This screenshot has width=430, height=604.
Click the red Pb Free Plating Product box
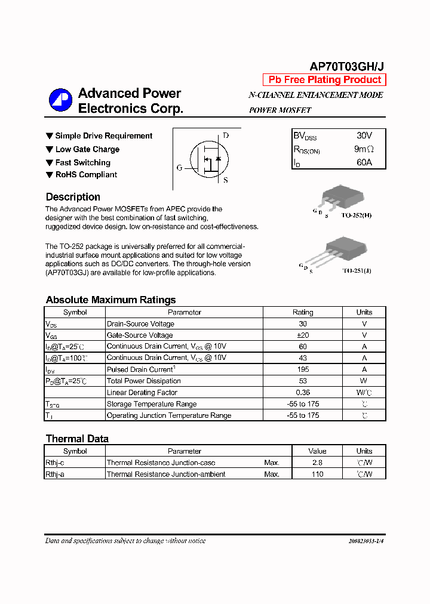pos(325,80)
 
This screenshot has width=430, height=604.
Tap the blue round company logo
pos(60,100)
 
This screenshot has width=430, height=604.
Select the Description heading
pos(73,197)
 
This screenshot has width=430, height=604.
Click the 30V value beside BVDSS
pos(364,135)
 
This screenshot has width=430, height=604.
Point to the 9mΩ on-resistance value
pos(364,149)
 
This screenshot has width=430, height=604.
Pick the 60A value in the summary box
pos(364,162)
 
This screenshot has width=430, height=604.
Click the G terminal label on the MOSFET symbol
pos(179,168)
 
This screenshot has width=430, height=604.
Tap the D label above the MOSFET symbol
pos(226,135)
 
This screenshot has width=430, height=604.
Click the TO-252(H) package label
pos(357,215)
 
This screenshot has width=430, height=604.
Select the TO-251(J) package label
pos(357,270)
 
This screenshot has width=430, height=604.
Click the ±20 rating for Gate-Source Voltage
pos(303,335)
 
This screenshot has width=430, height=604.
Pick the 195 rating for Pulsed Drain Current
pos(303,369)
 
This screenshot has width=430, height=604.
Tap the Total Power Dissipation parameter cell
pos(144,381)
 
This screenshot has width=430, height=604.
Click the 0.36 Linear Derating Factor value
pos(303,392)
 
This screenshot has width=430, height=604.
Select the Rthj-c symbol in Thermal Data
pos(55,463)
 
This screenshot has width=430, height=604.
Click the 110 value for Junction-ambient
pos(317,474)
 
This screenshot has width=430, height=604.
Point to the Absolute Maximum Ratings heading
pos(110,300)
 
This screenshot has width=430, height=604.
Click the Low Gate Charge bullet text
pos(87,149)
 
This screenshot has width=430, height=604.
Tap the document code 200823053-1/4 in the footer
pos(365,541)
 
